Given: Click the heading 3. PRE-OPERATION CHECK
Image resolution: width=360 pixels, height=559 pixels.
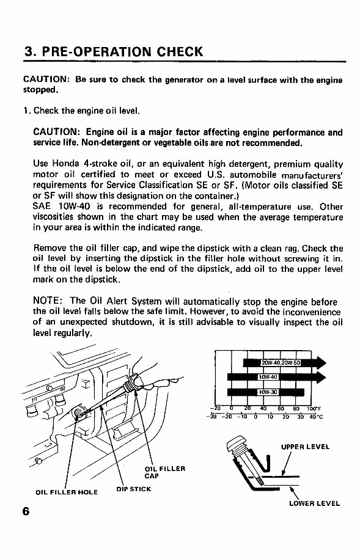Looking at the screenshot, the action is click(x=114, y=52).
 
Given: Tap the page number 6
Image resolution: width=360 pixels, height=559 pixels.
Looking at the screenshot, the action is click(x=26, y=511).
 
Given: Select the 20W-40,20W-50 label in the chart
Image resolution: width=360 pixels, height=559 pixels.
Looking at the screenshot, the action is click(x=281, y=363).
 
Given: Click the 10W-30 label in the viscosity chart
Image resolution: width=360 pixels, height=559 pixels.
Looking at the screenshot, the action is click(x=268, y=392).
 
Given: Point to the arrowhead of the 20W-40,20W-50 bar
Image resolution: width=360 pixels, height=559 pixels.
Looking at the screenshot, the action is click(x=321, y=363).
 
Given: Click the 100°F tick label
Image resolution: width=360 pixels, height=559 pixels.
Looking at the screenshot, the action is click(x=314, y=409).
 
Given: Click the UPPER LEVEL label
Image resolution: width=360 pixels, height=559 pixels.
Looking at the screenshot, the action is click(x=305, y=447).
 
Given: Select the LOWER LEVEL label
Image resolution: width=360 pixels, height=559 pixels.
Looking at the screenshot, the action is click(x=314, y=504).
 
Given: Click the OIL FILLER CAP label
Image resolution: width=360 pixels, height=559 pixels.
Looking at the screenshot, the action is click(x=165, y=472).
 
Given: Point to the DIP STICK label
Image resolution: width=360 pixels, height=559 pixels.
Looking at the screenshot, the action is click(x=134, y=489).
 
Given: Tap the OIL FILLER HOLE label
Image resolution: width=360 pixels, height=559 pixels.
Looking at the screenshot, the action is click(x=67, y=492).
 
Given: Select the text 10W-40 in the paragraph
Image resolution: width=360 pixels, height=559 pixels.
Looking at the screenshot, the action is click(x=74, y=206).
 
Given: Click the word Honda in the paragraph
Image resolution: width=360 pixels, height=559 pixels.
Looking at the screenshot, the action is click(x=65, y=164).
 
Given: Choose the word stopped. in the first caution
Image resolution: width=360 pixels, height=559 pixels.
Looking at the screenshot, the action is click(x=40, y=90).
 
